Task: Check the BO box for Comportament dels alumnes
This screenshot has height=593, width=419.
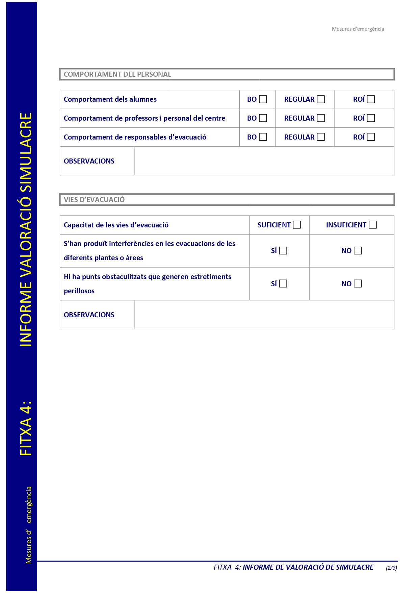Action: [263, 99]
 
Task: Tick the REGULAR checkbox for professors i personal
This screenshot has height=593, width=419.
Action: [321, 118]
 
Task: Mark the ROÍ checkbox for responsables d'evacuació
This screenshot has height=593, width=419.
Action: [371, 137]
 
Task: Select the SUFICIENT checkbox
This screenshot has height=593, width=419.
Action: [297, 225]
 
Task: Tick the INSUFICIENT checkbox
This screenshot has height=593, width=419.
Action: [373, 225]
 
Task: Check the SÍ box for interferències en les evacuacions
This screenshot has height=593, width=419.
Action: [283, 251]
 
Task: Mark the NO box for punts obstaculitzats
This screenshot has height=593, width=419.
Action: [358, 284]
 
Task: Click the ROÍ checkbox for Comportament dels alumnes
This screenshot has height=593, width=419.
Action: [371, 99]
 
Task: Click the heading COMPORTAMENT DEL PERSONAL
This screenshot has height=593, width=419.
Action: [117, 74]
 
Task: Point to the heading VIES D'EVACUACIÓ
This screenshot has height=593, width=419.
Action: [94, 200]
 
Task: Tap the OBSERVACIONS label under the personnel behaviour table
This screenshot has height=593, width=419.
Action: [89, 161]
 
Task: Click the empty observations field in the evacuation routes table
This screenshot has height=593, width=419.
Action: [264, 315]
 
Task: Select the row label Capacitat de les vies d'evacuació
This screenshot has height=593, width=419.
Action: [116, 225]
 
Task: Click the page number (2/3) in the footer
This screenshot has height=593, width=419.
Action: [391, 568]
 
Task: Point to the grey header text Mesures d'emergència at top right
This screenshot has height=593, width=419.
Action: [358, 29]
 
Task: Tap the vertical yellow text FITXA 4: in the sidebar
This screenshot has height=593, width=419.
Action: [26, 428]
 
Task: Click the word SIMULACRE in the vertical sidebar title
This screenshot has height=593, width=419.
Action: [26, 152]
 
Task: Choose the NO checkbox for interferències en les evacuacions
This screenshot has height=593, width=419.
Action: [358, 251]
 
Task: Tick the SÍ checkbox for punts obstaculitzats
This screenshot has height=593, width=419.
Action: [283, 284]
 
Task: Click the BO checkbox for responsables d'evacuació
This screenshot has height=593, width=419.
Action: [263, 137]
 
